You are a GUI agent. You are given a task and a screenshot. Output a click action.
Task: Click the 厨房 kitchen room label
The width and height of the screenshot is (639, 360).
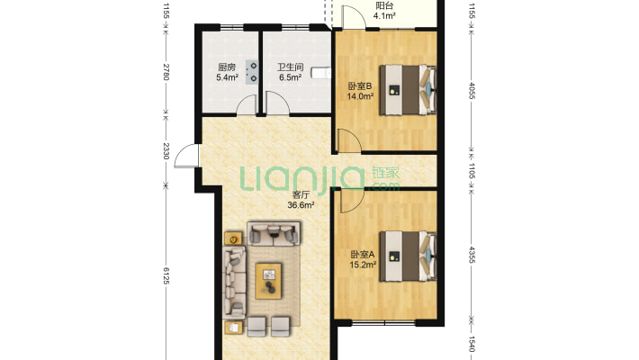[x=226, y=67]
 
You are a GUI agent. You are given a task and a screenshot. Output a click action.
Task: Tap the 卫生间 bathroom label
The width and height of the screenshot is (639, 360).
[x=290, y=67]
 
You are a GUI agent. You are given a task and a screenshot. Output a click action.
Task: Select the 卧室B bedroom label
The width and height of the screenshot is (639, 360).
[x=360, y=86]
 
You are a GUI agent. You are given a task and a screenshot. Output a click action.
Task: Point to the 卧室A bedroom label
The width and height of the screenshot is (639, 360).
[x=363, y=255]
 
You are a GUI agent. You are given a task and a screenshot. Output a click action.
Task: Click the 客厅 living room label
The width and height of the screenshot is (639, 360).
[x=301, y=195]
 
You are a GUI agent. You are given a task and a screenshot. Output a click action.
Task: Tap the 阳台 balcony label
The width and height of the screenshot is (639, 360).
[x=384, y=5]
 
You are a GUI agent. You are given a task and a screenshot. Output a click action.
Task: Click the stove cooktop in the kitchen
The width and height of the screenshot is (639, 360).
[x=252, y=72]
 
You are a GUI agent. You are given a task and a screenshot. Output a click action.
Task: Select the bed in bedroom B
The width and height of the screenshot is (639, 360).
[x=408, y=90]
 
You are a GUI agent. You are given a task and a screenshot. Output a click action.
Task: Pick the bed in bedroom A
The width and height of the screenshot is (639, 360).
[x=408, y=256]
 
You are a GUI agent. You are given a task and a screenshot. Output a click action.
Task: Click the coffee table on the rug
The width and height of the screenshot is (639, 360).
[x=268, y=281]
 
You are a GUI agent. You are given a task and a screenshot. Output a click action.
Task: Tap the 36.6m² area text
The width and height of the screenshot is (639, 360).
[x=301, y=205]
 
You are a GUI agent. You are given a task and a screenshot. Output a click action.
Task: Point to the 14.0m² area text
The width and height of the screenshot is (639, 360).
[x=360, y=96]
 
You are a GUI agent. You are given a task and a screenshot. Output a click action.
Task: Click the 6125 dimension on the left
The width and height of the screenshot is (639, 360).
[x=166, y=275]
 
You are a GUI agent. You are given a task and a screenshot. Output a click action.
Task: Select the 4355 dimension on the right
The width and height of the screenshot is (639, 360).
[x=472, y=255]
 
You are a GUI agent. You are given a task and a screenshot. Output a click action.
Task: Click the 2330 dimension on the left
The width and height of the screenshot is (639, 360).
[x=166, y=151]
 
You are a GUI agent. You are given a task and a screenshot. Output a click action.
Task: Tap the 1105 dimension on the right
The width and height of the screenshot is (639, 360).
[x=472, y=171]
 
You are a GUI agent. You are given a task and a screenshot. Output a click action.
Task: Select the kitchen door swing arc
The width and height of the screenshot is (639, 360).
[x=247, y=104]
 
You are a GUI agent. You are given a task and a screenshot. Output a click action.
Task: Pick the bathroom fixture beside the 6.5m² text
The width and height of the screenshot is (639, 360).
[x=321, y=73]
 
